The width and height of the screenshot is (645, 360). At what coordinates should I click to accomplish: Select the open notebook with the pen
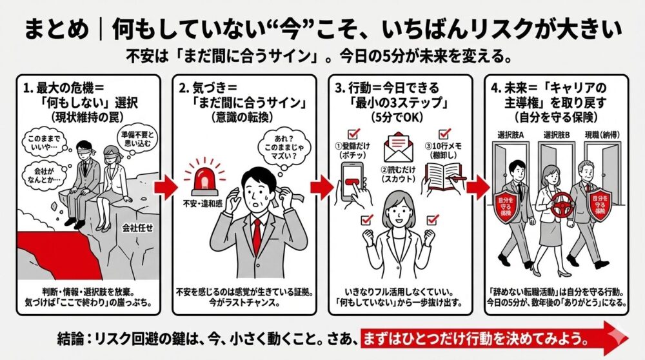[444, 176]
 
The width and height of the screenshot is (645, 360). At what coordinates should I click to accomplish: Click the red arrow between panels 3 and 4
[477, 186]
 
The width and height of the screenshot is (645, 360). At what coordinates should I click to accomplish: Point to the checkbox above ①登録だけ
[353, 134]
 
